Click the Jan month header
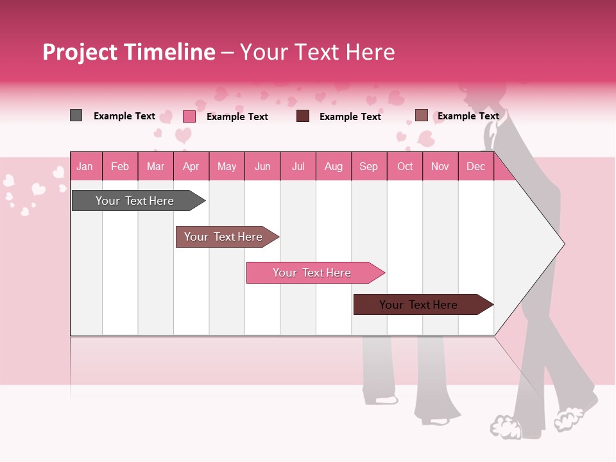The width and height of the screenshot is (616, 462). [85, 167]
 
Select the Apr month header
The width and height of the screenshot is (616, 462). [191, 167]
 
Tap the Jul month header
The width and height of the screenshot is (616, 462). [298, 167]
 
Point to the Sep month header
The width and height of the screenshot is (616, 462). [368, 167]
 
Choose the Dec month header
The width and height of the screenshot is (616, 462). [475, 167]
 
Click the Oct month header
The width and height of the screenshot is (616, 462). [405, 167]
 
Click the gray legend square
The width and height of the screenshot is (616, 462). [76, 116]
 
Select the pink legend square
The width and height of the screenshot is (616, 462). [189, 116]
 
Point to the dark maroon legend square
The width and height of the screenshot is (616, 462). [303, 116]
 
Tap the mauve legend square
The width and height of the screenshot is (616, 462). [421, 116]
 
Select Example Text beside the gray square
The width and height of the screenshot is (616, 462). [124, 116]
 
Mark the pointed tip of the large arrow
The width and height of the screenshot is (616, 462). [563, 244]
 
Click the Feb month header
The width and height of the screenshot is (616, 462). [120, 167]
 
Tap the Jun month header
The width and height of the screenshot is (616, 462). [262, 167]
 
